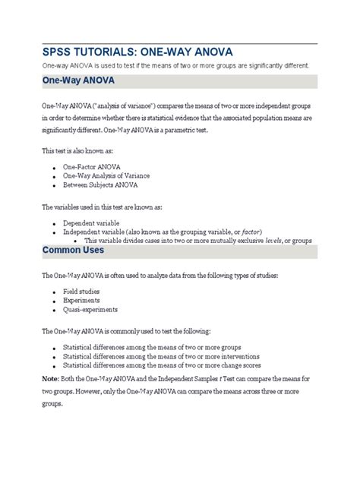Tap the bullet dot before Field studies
[55, 292]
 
